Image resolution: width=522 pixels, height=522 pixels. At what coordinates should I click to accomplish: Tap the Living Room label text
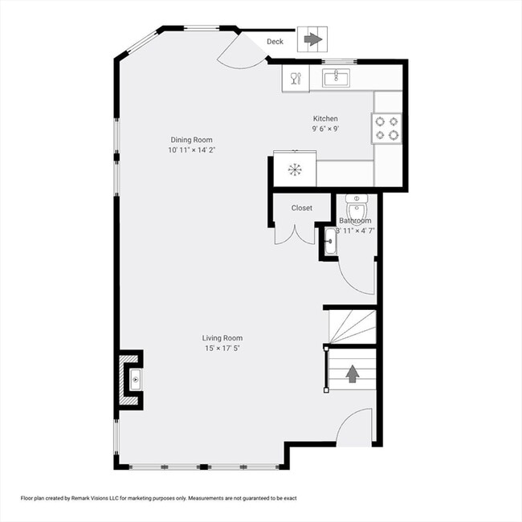(222, 338)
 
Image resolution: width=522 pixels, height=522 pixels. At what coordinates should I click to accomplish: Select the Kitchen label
(325, 119)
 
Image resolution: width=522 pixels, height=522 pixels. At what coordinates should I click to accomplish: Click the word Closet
(302, 208)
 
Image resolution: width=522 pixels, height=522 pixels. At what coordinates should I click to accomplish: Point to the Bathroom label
(355, 221)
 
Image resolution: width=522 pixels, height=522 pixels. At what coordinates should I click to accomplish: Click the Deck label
(275, 42)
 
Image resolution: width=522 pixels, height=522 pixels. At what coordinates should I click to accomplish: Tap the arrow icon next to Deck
(312, 39)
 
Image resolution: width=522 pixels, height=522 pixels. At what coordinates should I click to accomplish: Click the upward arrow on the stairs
(352, 373)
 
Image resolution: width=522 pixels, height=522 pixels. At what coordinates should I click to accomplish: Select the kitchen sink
(336, 78)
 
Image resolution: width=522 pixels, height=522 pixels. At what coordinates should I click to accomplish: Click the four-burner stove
(387, 128)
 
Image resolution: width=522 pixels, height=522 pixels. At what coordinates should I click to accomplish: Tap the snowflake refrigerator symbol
(295, 169)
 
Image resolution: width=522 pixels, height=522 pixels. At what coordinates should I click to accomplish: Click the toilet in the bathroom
(357, 207)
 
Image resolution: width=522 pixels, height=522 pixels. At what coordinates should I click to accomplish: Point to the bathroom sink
(330, 240)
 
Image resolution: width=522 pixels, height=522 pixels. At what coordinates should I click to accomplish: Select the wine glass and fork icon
(294, 78)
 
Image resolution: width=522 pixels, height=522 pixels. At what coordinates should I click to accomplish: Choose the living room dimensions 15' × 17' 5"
(222, 349)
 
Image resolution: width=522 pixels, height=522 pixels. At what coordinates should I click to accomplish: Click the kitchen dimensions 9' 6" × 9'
(325, 128)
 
